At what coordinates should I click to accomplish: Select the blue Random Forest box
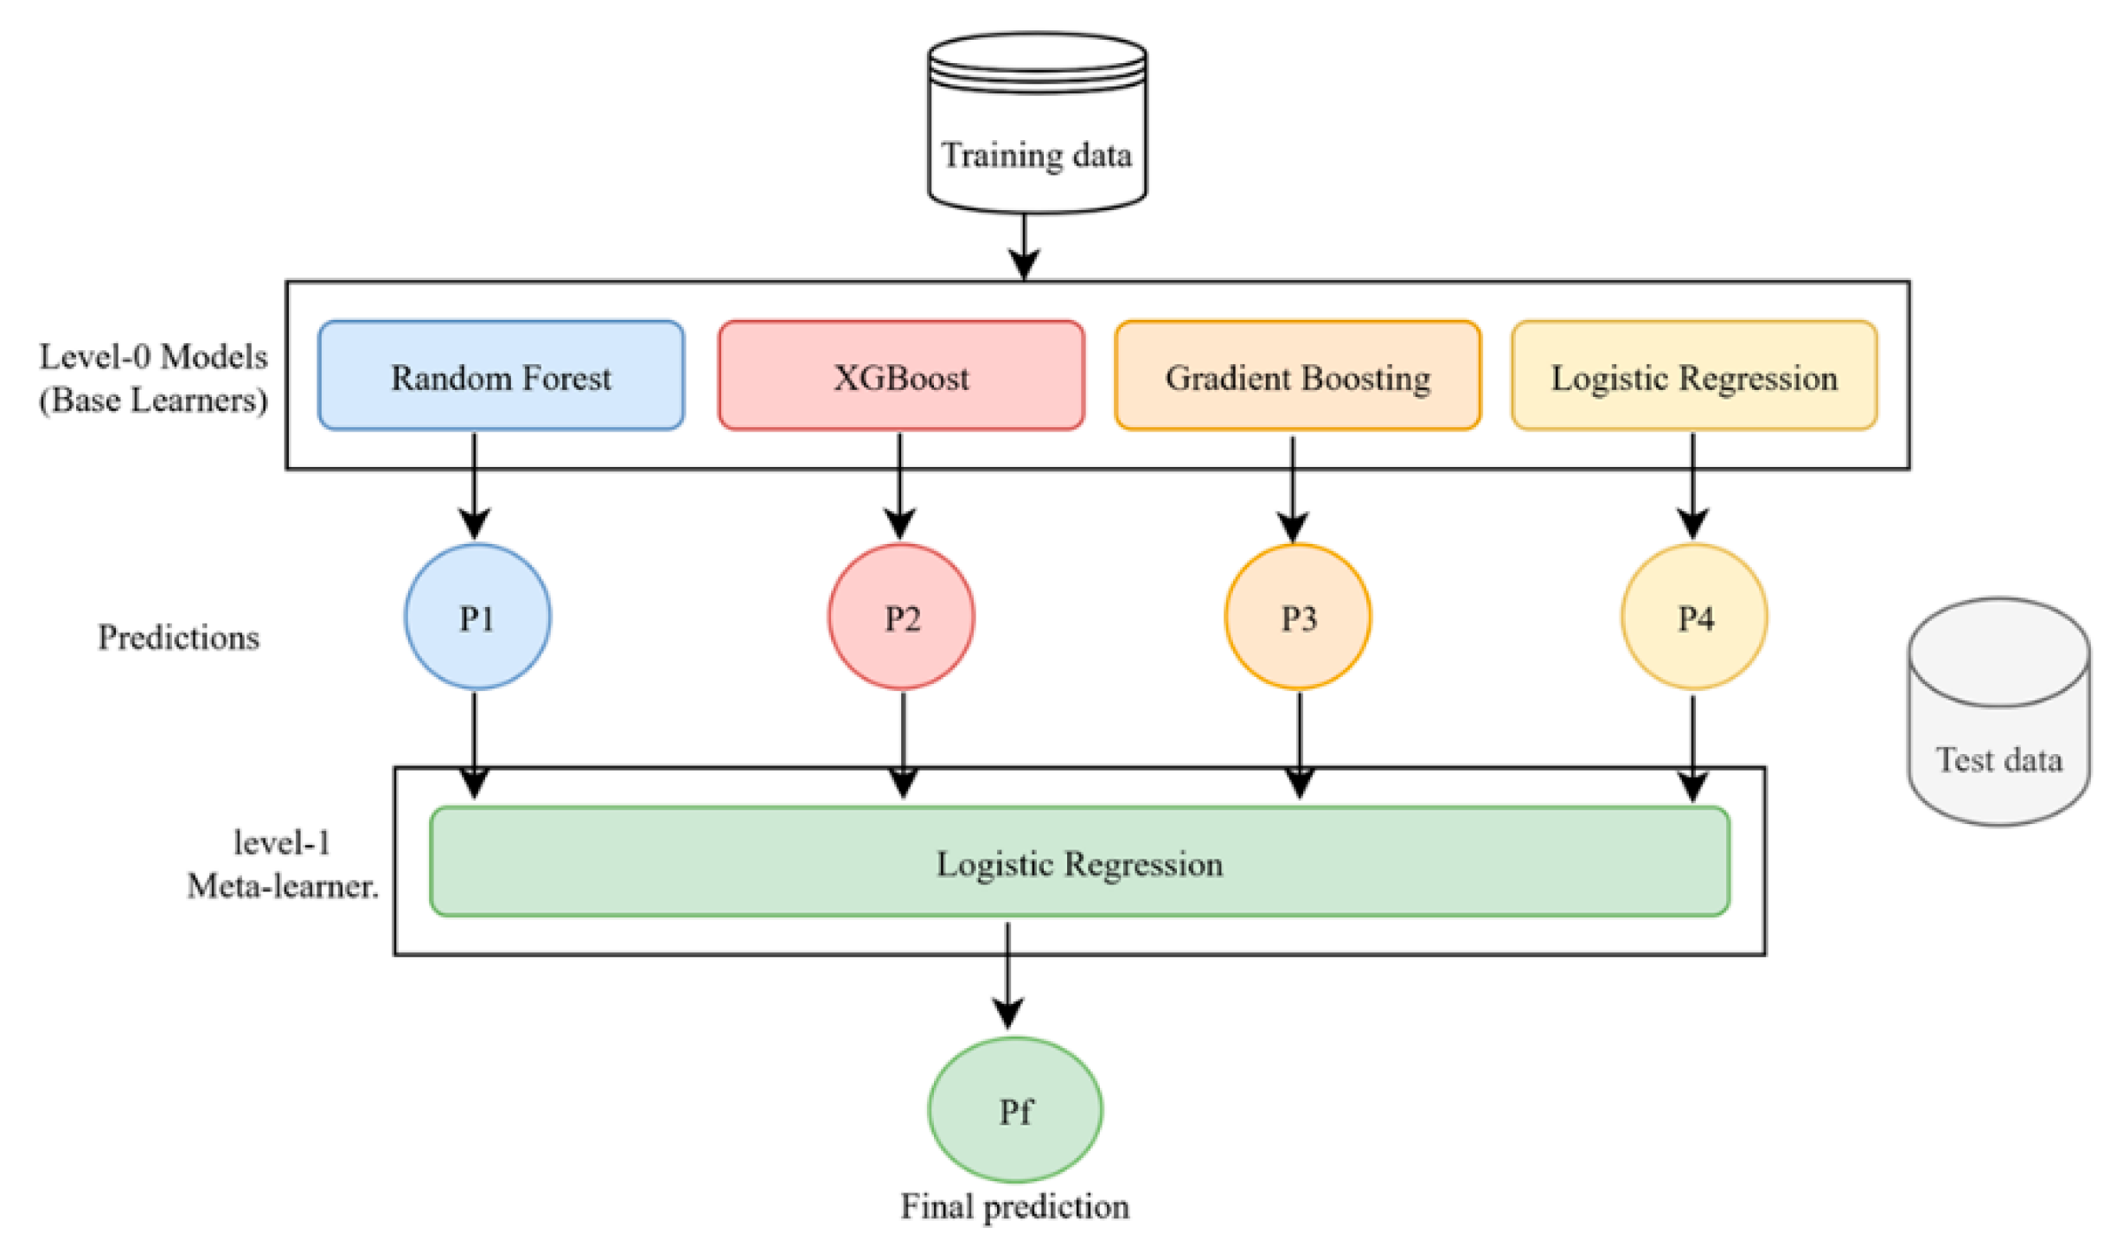(501, 375)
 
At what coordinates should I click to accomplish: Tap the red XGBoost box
(900, 375)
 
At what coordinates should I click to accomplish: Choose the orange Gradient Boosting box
(1297, 375)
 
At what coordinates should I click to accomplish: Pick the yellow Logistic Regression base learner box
(1693, 375)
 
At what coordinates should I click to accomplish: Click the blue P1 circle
(476, 617)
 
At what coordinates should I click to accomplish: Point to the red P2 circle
(901, 617)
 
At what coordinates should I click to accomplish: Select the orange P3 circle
(1297, 617)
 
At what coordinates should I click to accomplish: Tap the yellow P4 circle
(1694, 617)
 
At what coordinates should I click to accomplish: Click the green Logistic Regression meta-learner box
(1079, 861)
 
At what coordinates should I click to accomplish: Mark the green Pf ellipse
(1014, 1109)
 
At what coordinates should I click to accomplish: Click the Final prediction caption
(1014, 1206)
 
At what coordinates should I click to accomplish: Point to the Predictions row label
(178, 637)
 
